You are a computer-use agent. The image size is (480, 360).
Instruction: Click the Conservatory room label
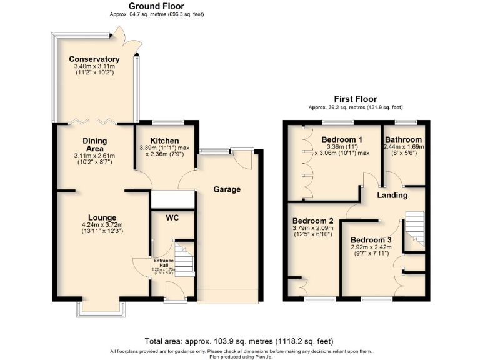[x=94, y=59]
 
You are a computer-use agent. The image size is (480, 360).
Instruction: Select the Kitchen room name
[x=164, y=141]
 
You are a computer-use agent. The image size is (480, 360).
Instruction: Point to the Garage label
[x=227, y=189]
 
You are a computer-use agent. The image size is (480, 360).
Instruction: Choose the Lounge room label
[x=102, y=217]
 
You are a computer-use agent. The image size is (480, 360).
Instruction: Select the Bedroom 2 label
[x=313, y=221]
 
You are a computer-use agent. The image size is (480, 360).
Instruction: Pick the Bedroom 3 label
[x=371, y=240]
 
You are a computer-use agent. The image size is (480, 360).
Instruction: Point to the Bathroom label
[x=403, y=139]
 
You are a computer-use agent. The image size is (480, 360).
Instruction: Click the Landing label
[x=392, y=195]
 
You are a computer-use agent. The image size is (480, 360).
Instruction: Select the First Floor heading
[x=356, y=99]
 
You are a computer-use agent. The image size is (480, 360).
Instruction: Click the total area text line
[x=239, y=341]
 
